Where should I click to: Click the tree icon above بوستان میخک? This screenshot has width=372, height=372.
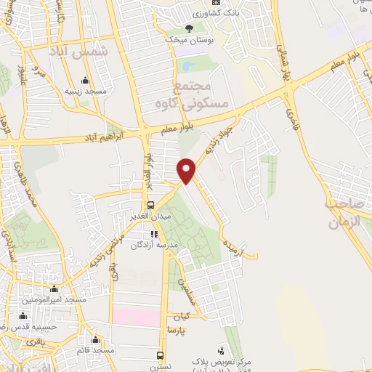point(190,28)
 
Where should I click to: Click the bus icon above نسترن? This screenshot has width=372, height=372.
point(161,355)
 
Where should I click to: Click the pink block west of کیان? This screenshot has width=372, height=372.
point(135,318)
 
